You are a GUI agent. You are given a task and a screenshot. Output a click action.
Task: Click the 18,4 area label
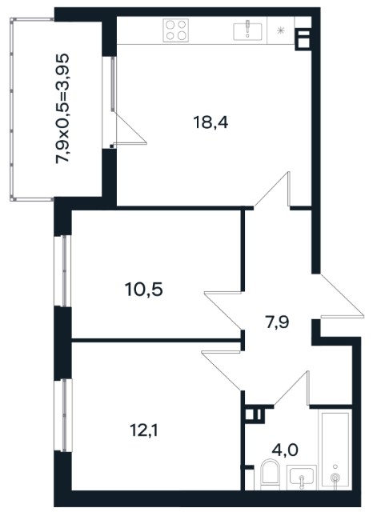coord(211,122)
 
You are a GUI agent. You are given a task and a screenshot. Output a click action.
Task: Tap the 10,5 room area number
coord(144,290)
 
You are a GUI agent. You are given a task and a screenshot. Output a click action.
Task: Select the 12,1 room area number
coord(144,430)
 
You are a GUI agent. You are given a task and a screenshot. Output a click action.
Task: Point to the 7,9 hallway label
coord(277,322)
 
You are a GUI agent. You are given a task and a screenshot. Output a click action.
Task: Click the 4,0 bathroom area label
coord(285,450)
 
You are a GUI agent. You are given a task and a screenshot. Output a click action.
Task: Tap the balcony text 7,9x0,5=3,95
coord(62,109)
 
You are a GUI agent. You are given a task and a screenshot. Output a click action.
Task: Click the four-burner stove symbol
coord(176,30)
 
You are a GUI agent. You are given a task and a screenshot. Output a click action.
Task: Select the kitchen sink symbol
coord(247,31)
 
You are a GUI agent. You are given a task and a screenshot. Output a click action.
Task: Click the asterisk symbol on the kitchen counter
coord(280,31)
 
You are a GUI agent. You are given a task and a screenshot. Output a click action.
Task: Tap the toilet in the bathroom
coord(270,474)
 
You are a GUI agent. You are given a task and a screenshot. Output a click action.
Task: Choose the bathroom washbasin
coord(301,477)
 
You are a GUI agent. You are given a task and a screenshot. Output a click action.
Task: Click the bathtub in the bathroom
coord(335,450)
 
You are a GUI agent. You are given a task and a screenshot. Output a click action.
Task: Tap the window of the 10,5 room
coord(63,271)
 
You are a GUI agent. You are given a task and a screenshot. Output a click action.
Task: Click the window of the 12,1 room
coord(63,415)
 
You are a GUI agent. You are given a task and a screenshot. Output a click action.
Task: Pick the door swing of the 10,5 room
coord(223,310)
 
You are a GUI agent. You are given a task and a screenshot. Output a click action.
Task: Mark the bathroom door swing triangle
coord(291,388)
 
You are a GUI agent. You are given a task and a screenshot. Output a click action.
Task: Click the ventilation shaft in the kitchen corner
coord(303,39)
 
